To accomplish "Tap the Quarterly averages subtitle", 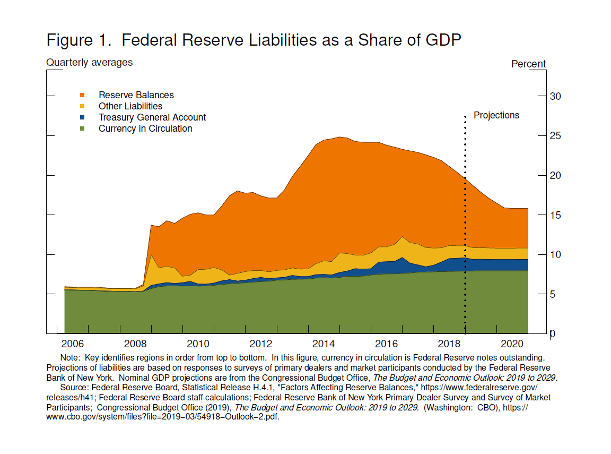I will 90,63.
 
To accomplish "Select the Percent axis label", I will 528,64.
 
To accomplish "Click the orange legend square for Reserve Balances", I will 82,96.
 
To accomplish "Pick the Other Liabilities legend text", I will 130,106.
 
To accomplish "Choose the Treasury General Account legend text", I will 152,117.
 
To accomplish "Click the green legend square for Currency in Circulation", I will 82,129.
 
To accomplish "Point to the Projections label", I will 496,115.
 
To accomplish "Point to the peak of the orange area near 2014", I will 339,137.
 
